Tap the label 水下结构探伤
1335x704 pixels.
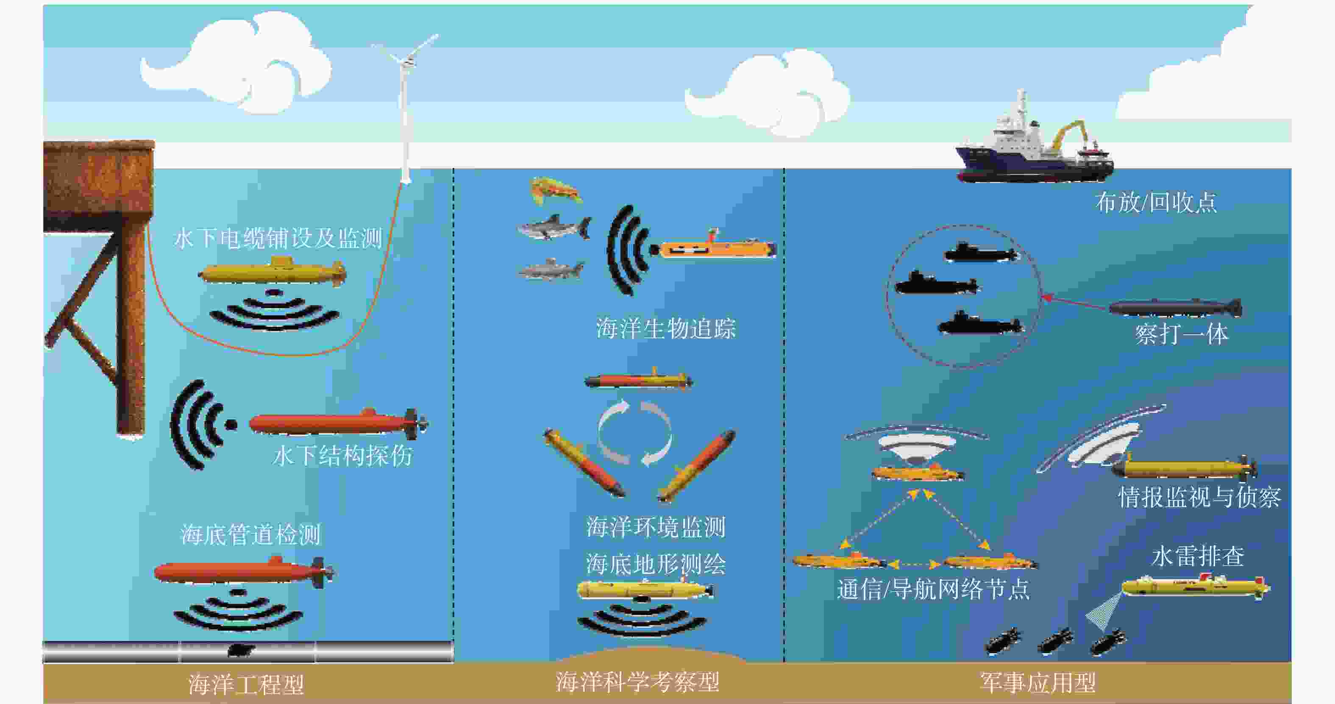[342, 456]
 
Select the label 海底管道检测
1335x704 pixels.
[251, 534]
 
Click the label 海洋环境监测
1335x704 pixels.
[656, 527]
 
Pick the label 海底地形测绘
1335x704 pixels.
[656, 564]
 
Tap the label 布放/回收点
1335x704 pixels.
[1156, 202]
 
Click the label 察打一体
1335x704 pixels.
[1182, 334]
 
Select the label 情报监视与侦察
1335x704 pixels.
[1199, 497]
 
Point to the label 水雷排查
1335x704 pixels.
[1198, 556]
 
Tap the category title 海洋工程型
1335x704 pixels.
[246, 685]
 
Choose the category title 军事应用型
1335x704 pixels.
[1038, 682]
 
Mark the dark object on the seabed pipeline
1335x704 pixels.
[241, 650]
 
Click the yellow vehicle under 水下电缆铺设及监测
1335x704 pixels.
[273, 272]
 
